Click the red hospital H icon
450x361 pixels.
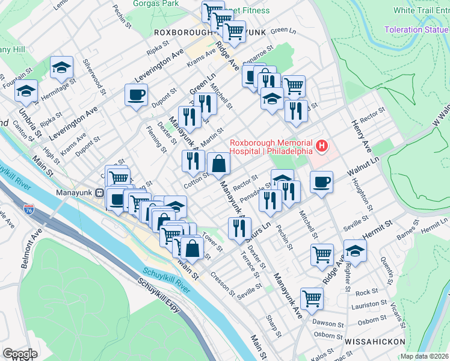click(323, 146)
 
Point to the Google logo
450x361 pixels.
click(20, 354)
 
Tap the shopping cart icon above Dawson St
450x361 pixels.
click(312, 298)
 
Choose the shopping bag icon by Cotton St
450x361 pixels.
click(218, 163)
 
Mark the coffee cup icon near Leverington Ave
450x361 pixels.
click(136, 94)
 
